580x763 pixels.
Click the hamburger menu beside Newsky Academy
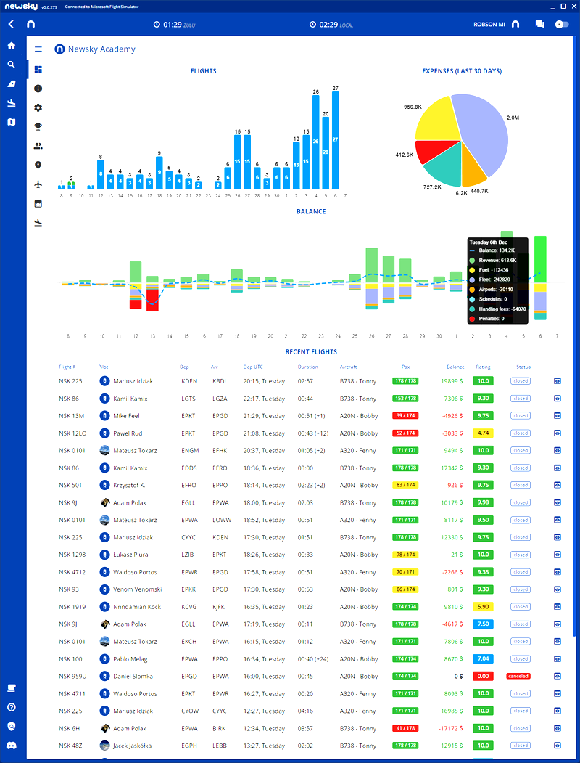click(38, 49)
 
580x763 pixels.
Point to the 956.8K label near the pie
click(413, 107)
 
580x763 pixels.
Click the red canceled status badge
click(519, 676)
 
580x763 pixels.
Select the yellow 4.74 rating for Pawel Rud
click(482, 433)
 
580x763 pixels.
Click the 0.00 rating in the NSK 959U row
click(482, 676)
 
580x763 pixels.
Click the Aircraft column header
click(348, 367)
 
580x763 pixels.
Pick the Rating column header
click(483, 367)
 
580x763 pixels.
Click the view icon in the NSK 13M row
click(558, 416)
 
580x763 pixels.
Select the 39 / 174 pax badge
click(405, 416)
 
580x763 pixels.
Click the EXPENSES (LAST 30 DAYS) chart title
click(462, 71)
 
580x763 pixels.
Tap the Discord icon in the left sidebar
click(11, 746)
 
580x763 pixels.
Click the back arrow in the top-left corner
click(11, 24)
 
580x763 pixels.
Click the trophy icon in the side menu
click(38, 126)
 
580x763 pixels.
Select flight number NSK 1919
click(72, 607)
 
